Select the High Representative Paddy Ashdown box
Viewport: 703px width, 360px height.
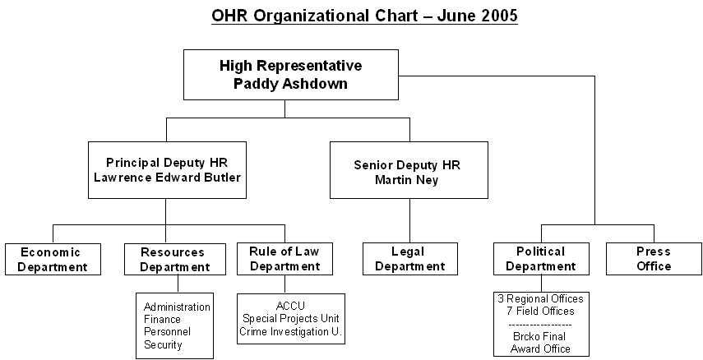(x=291, y=75)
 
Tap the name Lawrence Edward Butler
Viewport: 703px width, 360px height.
(x=167, y=178)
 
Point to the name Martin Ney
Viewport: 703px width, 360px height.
(x=407, y=180)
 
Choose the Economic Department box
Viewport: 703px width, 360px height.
(x=53, y=259)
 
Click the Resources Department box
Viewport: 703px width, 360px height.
(x=175, y=259)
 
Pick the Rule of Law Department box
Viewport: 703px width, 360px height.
(x=284, y=259)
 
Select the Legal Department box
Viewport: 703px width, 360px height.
(x=410, y=259)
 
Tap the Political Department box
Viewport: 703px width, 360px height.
(x=541, y=259)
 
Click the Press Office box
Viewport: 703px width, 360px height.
(x=654, y=259)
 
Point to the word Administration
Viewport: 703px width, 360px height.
(x=177, y=307)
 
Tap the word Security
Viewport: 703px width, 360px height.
(x=163, y=345)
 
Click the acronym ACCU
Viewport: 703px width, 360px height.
(x=290, y=307)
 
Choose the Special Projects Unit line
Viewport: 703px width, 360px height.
(x=290, y=319)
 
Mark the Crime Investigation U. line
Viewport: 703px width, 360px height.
(x=290, y=332)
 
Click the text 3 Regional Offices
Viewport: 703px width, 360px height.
(x=541, y=298)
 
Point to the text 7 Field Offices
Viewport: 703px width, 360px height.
(x=541, y=311)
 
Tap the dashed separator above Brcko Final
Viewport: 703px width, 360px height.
(x=541, y=324)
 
